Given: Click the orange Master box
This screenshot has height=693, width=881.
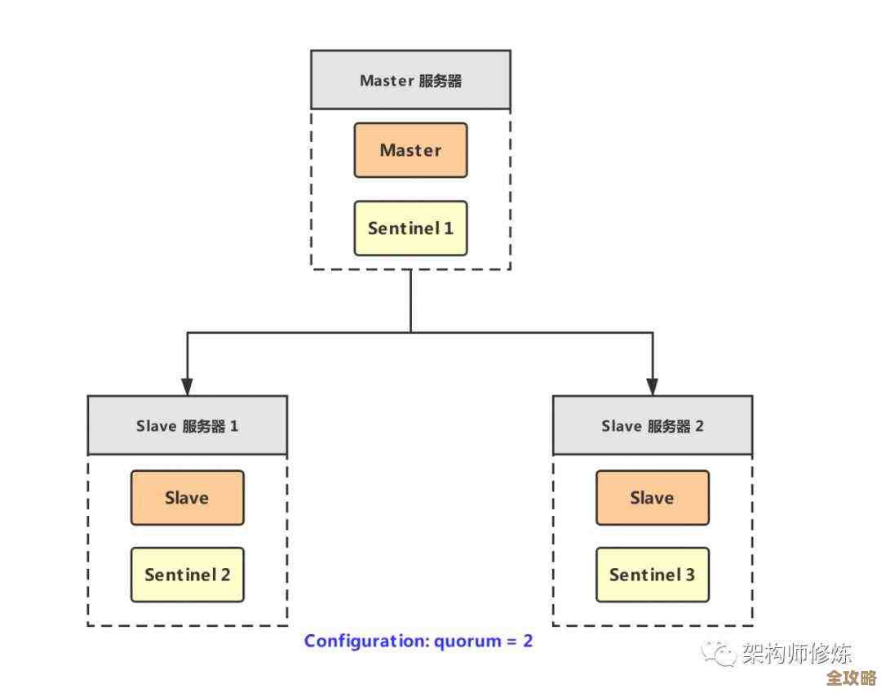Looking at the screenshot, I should pyautogui.click(x=410, y=150).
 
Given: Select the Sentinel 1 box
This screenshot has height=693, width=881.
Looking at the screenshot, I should pyautogui.click(x=410, y=228).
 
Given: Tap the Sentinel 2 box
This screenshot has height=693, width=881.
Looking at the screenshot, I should pyautogui.click(x=187, y=575).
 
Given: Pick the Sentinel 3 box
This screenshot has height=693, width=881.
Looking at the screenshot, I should pyautogui.click(x=652, y=575).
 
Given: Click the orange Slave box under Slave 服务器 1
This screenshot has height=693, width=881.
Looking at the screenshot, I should pyautogui.click(x=187, y=497).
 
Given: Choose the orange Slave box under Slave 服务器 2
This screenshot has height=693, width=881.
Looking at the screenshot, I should pyautogui.click(x=652, y=497).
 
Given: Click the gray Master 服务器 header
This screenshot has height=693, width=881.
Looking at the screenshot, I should pyautogui.click(x=410, y=80).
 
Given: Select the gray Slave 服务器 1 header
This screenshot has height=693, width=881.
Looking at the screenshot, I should pyautogui.click(x=187, y=425).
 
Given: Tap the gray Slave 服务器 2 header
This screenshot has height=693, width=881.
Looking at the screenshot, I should pyautogui.click(x=652, y=425).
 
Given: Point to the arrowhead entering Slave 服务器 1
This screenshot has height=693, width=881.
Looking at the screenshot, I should pyautogui.click(x=187, y=386).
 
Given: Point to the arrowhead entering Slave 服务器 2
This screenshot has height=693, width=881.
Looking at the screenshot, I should pyautogui.click(x=652, y=386).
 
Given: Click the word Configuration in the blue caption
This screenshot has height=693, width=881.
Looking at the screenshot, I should pyautogui.click(x=365, y=641).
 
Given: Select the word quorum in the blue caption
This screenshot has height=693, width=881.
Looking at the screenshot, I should pyautogui.click(x=466, y=642).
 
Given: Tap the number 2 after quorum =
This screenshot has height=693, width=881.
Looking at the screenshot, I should pyautogui.click(x=528, y=641).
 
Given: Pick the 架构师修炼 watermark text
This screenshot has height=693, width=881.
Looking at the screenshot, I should pyautogui.click(x=796, y=654).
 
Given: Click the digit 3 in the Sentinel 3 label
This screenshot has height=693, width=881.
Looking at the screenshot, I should pyautogui.click(x=689, y=575).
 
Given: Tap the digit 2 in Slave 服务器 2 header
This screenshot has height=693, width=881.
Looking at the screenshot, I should pyautogui.click(x=698, y=426).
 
